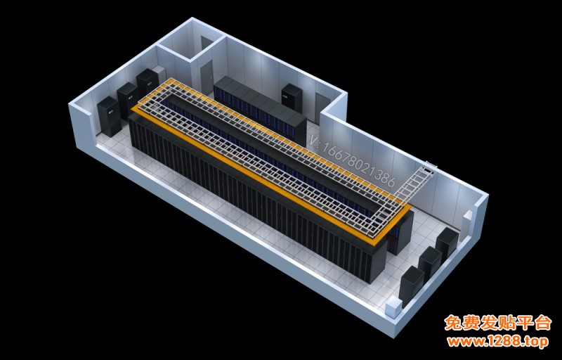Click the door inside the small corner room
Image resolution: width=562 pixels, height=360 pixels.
(x=207, y=43)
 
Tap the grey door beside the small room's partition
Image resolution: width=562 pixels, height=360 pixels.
(x=207, y=77)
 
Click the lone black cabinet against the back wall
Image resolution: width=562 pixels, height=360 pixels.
(x=292, y=97)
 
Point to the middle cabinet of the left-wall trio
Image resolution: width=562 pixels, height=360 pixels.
(x=128, y=101)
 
